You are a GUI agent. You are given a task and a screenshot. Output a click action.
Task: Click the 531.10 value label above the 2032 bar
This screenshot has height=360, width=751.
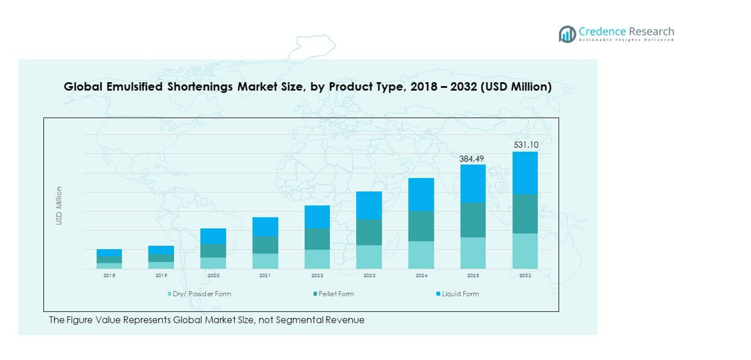point(525,145)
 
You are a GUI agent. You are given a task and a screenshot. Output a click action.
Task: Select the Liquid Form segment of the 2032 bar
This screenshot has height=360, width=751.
point(525,173)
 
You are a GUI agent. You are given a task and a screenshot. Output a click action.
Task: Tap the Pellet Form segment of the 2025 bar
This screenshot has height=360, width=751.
point(473,220)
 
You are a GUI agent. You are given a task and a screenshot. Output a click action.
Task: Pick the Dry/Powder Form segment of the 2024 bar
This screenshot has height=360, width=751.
point(421,255)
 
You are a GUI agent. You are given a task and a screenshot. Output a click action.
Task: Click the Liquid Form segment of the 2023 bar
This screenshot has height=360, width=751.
point(369,206)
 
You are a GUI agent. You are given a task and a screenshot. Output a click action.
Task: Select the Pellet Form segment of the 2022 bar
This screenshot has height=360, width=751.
point(317,239)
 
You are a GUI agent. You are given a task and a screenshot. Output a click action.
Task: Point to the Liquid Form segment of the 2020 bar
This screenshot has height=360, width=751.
point(214,236)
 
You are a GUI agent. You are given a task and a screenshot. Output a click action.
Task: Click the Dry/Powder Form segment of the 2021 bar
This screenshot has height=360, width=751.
point(265,261)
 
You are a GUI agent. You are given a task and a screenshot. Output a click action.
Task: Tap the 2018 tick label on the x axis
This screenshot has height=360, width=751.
point(110,276)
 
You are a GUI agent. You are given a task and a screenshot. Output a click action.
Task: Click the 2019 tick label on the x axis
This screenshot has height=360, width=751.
point(162,276)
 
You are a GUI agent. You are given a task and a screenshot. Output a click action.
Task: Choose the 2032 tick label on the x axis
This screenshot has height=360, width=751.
point(525,276)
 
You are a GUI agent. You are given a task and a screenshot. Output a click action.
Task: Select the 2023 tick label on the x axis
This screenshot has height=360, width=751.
point(369,276)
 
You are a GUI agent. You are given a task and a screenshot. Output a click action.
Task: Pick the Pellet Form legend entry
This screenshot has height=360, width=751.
point(336,294)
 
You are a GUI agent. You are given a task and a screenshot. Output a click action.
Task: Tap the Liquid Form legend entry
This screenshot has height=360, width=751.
point(461,294)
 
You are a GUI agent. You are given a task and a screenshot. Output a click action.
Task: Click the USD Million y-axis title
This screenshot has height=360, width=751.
point(59,206)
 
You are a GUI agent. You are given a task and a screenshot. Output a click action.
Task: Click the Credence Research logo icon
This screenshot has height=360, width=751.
point(567,34)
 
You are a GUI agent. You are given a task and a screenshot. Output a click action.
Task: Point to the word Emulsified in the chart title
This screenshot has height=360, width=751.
point(133,87)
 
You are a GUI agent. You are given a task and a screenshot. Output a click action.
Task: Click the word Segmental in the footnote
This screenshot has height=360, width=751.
point(298,320)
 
